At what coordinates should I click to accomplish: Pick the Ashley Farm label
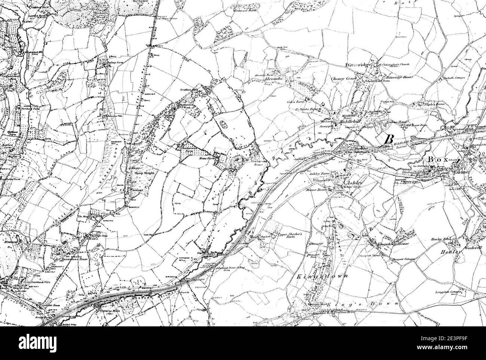[320, 175]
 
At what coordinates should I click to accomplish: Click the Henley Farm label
[450, 238]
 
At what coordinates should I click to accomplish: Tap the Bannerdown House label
[72, 258]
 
